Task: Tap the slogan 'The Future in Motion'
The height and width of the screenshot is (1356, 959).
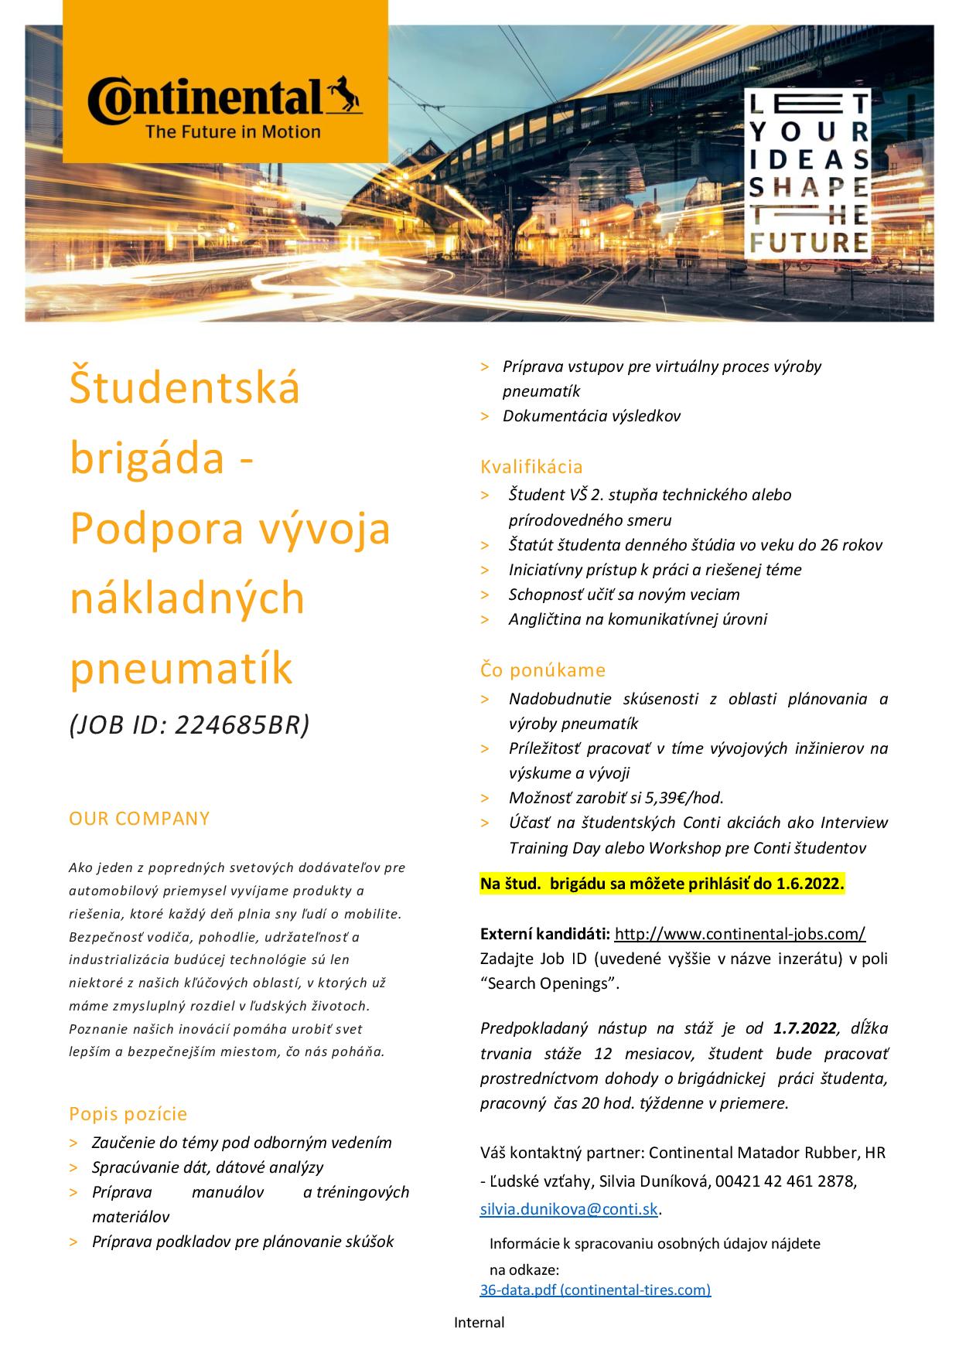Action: coord(233,131)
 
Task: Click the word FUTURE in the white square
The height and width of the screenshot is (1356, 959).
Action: coord(808,242)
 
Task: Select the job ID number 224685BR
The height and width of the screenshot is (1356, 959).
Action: coord(242,724)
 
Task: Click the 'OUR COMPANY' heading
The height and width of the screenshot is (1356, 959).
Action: coord(139,819)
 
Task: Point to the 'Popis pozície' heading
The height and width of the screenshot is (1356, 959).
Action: coord(128,1114)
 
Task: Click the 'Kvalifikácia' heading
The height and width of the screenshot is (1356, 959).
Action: coord(531,467)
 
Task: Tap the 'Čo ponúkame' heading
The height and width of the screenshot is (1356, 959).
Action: coord(543,670)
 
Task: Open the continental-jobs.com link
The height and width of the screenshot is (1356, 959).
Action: coord(740,934)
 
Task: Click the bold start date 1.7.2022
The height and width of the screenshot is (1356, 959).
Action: coord(804,1028)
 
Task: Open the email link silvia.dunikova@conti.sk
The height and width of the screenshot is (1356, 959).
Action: coord(569,1210)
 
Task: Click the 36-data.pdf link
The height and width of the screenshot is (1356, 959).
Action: coord(595,1290)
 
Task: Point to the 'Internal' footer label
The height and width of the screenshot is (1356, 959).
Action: coord(479,1323)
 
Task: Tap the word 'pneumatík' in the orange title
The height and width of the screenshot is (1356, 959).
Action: coord(182,669)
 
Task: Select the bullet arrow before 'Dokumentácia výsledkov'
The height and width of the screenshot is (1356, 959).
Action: coord(485,417)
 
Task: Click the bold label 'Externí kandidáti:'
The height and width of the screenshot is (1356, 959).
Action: coord(545,934)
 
